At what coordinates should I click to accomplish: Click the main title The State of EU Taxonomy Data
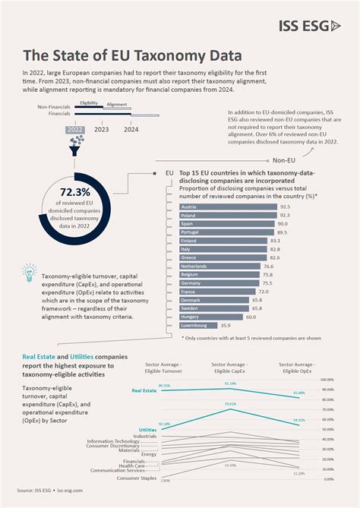pyautogui.click(x=133, y=55)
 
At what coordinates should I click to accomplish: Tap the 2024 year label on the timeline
pyautogui.click(x=131, y=129)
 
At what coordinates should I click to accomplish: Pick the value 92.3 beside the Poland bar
pyautogui.click(x=284, y=216)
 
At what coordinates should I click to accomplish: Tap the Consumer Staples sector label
pyautogui.click(x=137, y=478)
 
